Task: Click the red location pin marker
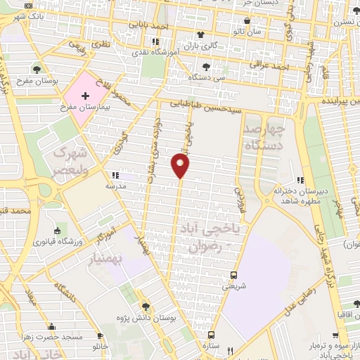click(x=181, y=166)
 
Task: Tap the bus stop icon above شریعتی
click(x=234, y=275)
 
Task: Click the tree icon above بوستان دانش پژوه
click(x=146, y=307)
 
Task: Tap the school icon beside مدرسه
click(x=115, y=176)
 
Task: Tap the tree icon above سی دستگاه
click(x=201, y=67)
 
